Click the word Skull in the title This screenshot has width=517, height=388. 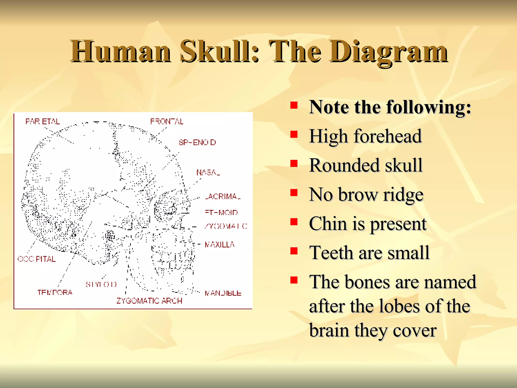pyautogui.click(x=219, y=52)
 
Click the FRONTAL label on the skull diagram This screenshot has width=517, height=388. pyautogui.click(x=167, y=122)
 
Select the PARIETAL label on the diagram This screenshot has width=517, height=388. pyautogui.click(x=43, y=122)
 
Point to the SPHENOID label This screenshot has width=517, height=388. pyautogui.click(x=197, y=142)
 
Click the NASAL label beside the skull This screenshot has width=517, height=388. pyautogui.click(x=208, y=173)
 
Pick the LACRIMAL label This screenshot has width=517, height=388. pyautogui.click(x=223, y=196)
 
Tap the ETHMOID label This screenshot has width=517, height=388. pyautogui.click(x=221, y=212)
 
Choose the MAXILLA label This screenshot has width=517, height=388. pyautogui.click(x=219, y=245)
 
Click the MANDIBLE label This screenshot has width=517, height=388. pyautogui.click(x=223, y=293)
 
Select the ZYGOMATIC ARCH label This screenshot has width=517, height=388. pyautogui.click(x=149, y=301)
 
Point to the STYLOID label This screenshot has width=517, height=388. pyautogui.click(x=101, y=284)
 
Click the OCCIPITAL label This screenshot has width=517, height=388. pyautogui.click(x=37, y=259)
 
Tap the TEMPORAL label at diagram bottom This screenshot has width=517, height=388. pyautogui.click(x=55, y=292)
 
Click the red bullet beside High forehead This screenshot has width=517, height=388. pyautogui.click(x=294, y=134)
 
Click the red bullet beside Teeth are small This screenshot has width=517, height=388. pyautogui.click(x=294, y=251)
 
